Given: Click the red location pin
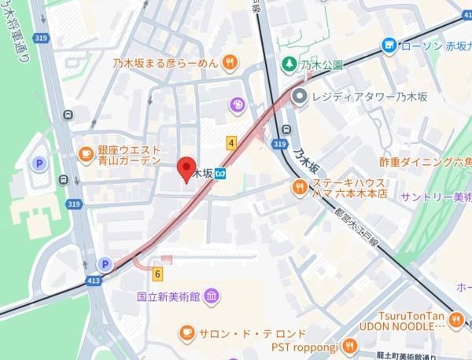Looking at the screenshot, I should point(186,168).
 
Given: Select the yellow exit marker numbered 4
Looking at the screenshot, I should point(231,143).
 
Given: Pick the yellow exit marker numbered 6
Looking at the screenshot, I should point(157,274).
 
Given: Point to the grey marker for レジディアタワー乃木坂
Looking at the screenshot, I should point(299,97).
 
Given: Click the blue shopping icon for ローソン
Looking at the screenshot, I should point(389,46).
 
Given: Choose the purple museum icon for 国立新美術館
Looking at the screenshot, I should point(211,297).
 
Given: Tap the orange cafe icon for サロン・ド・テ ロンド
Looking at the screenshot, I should point(186,333).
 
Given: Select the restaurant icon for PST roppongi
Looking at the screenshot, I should point(349,346).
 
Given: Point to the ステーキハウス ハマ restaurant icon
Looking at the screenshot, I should point(299,187).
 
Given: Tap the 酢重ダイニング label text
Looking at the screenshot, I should point(425,162).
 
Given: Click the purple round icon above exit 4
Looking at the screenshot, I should point(235,105).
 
